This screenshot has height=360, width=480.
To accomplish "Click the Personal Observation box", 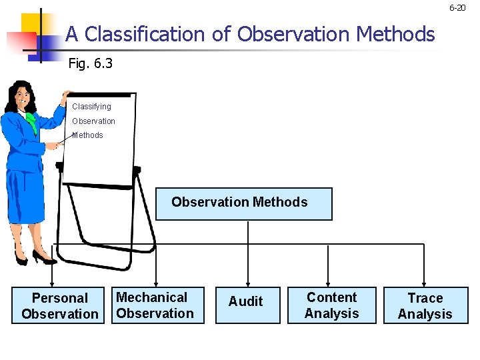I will tap(59, 306).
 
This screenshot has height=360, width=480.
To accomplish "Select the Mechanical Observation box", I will tap(155, 305).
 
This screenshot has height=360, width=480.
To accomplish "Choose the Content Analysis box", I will tap(331, 305).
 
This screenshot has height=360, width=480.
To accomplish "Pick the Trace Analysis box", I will tap(425, 306).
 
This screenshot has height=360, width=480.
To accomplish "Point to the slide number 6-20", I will tap(457, 8).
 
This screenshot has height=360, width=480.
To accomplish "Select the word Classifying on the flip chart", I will tap(91, 107).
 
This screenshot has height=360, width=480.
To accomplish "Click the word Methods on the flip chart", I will tap(88, 135).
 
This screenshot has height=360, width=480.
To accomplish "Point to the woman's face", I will tap(24, 97).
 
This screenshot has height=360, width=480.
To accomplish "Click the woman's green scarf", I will tap(31, 123).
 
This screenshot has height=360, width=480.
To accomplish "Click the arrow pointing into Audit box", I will tap(248, 281).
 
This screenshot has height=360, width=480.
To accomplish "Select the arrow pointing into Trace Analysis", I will tap(424, 281).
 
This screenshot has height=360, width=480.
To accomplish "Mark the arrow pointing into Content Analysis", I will tap(329, 281).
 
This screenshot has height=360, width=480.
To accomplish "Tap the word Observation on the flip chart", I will tap(93, 121).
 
